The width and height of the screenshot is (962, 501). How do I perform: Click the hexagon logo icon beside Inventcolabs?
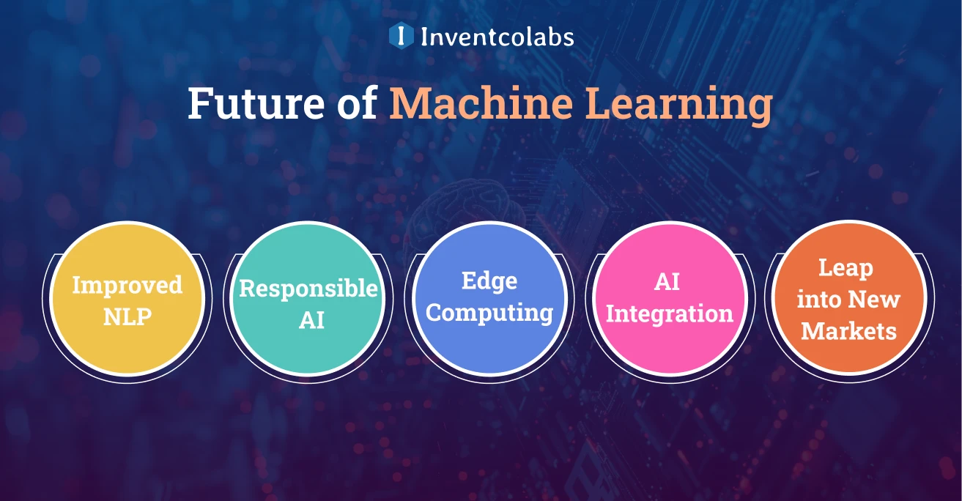tap(401, 35)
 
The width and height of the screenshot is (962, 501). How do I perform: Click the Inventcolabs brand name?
tap(497, 36)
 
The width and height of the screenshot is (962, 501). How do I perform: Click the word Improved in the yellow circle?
tap(127, 285)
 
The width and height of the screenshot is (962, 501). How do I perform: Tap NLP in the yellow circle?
tap(127, 316)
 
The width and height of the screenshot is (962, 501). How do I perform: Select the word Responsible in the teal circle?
tap(308, 289)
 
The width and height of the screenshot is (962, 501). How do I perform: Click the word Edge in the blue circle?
tap(489, 281)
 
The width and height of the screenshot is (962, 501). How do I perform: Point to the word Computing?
tap(489, 313)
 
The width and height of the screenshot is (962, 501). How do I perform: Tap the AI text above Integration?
tap(668, 282)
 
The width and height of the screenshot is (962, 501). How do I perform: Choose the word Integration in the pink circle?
tap(669, 314)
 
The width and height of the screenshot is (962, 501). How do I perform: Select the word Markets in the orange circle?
tap(848, 331)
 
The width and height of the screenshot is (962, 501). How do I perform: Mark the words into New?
tap(848, 300)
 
